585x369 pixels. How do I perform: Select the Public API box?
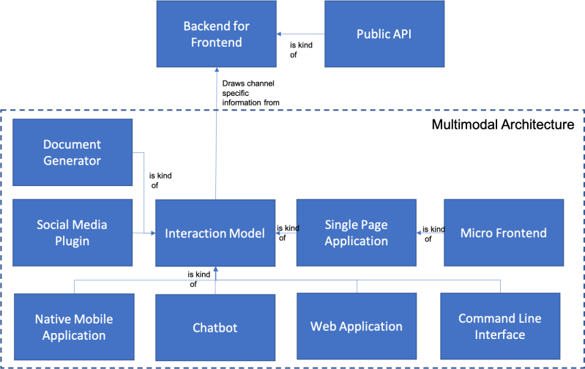click(384, 34)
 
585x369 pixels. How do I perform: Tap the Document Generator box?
click(72, 152)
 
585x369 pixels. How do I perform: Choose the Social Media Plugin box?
click(72, 233)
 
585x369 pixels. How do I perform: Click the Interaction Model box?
click(215, 233)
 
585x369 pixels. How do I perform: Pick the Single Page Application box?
click(356, 233)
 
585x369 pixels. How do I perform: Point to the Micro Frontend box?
click(503, 233)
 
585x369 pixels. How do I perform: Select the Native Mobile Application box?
click(74, 327)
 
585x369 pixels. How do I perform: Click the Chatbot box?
click(215, 327)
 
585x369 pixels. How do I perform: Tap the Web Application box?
click(356, 327)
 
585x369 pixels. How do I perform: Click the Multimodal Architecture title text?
click(502, 125)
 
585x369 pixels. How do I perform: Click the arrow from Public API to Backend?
click(300, 34)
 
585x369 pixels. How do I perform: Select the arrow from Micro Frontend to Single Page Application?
click(430, 233)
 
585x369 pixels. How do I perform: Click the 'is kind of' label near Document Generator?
click(160, 180)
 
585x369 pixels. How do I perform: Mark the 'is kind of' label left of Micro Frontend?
click(434, 233)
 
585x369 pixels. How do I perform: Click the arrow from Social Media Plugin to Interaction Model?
click(144, 234)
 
